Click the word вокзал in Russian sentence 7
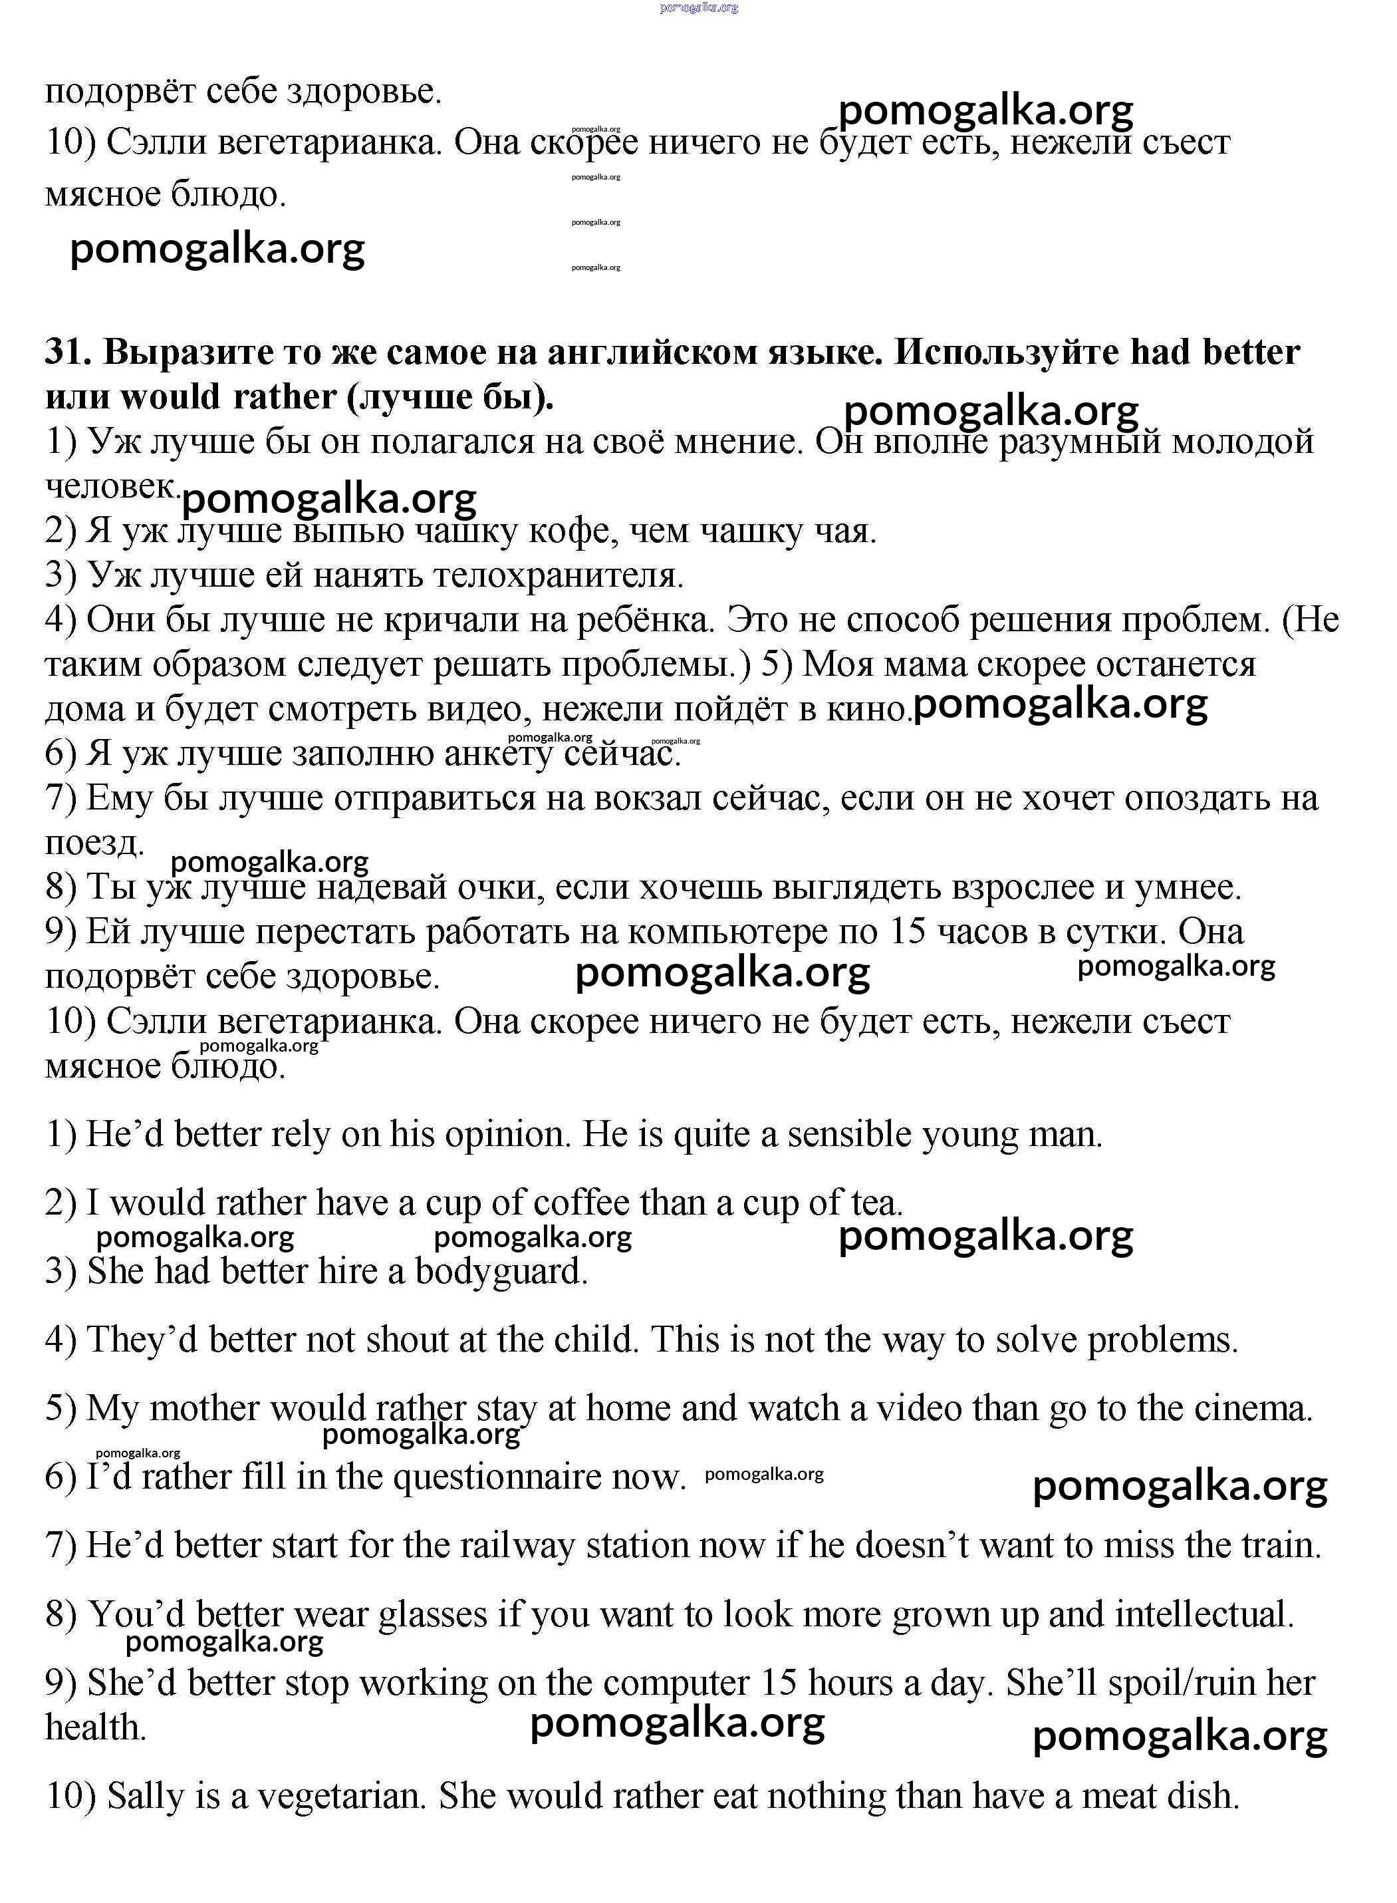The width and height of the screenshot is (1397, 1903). (606, 798)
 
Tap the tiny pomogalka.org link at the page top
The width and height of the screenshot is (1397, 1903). (698, 7)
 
